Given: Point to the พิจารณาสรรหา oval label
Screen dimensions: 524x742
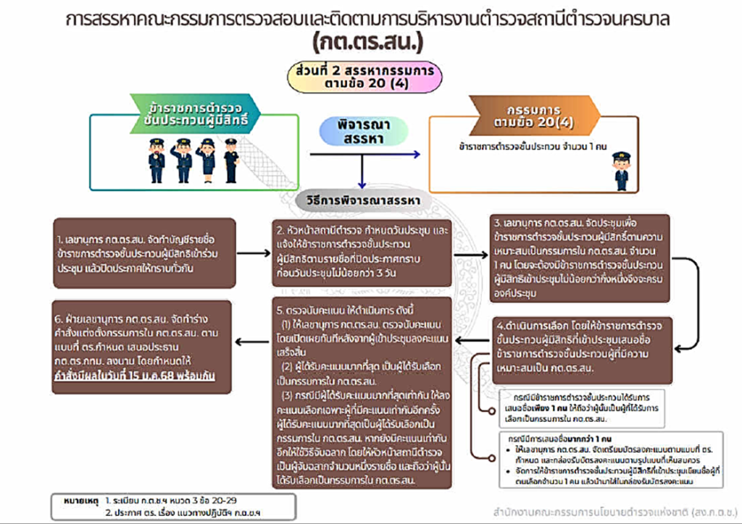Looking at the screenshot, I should pos(360,132).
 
